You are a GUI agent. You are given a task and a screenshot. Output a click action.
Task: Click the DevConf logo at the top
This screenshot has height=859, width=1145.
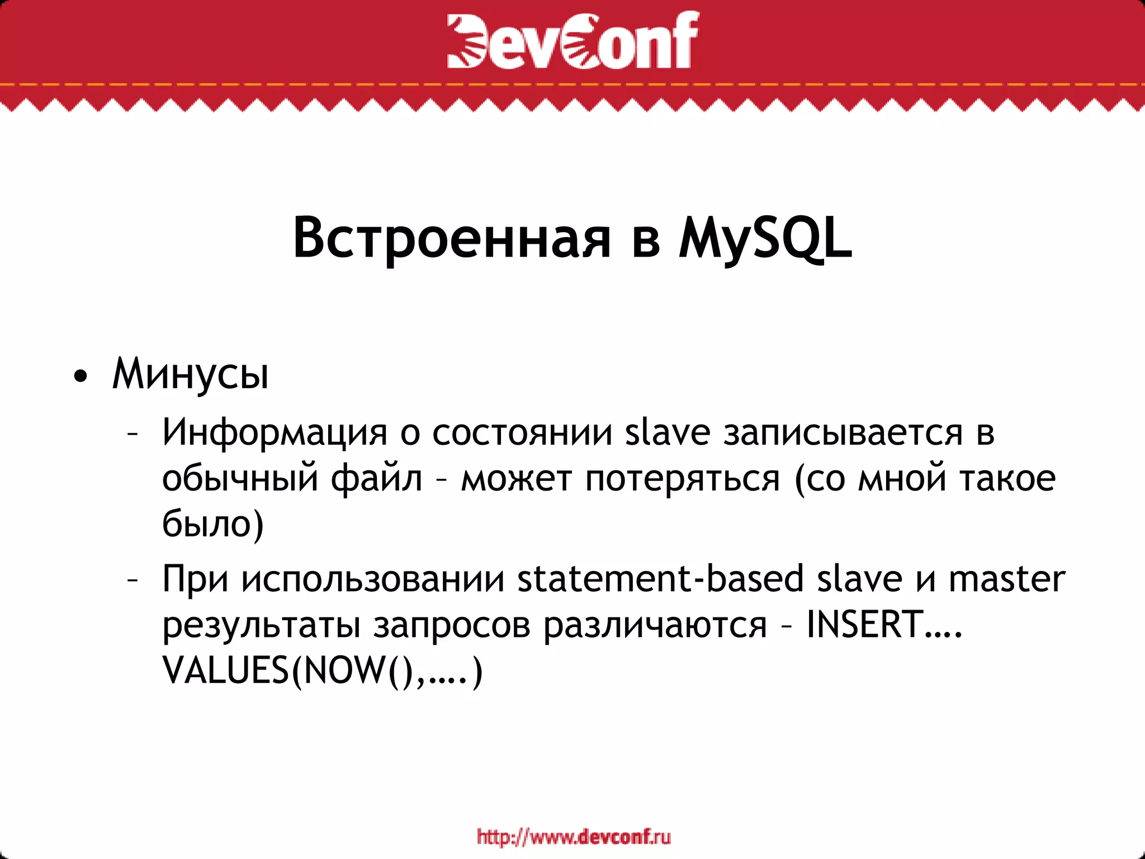click(x=572, y=40)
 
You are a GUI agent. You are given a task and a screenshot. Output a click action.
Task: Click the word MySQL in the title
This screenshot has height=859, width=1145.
click(x=766, y=239)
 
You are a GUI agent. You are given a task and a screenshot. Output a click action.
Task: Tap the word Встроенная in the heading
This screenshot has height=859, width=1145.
click(x=452, y=239)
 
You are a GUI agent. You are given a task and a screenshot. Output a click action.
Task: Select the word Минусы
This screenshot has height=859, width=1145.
click(x=191, y=374)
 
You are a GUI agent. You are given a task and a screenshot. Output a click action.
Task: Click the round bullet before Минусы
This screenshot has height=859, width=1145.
click(x=81, y=376)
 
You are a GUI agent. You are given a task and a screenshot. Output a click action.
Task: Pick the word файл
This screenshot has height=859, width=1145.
click(x=376, y=479)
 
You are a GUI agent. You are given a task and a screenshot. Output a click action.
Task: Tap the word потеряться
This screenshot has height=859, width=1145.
click(x=682, y=479)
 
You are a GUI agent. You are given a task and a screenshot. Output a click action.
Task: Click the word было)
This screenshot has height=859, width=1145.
click(x=212, y=525)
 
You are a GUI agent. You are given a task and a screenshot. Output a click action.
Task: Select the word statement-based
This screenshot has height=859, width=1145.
click(x=660, y=579)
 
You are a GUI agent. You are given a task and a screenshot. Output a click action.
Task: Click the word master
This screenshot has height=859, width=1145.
click(x=1007, y=579)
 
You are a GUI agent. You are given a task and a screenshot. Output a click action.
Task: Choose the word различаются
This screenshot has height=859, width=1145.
click(x=655, y=625)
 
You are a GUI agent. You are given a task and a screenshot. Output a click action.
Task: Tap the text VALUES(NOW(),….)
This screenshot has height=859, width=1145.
click(x=322, y=670)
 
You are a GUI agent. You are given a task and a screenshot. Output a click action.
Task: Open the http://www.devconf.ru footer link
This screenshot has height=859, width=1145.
click(x=574, y=837)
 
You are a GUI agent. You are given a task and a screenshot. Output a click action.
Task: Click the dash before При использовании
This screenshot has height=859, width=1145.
click(x=133, y=580)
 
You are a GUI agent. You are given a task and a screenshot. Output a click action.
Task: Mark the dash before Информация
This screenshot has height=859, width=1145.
click(x=133, y=434)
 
